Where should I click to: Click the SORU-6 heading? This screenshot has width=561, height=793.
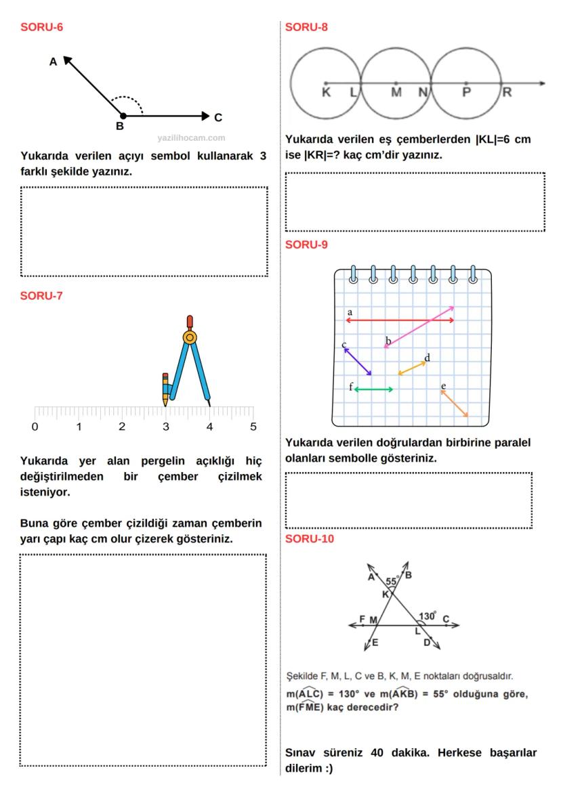(42, 28)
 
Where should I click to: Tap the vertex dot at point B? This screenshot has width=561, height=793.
(123, 116)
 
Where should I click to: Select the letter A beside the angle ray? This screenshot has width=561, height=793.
(53, 62)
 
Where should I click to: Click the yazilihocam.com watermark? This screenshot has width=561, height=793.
(191, 137)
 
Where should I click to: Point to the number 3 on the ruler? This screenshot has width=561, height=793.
(165, 427)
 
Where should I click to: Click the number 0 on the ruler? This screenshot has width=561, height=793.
(35, 427)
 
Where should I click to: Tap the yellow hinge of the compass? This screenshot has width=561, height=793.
(190, 337)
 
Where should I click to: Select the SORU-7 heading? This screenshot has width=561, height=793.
(42, 296)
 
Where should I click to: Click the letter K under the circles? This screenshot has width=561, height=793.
(326, 93)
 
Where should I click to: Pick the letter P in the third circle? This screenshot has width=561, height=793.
(466, 93)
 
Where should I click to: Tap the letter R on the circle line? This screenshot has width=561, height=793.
(506, 93)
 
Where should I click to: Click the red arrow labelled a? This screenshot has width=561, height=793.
(400, 320)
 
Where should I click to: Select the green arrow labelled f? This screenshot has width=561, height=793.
(373, 389)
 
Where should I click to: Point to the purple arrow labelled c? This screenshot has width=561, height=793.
(358, 361)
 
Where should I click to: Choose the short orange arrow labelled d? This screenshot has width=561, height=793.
(412, 368)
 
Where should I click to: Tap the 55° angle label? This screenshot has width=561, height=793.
(392, 581)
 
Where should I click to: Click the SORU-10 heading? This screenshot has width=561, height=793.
(310, 539)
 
